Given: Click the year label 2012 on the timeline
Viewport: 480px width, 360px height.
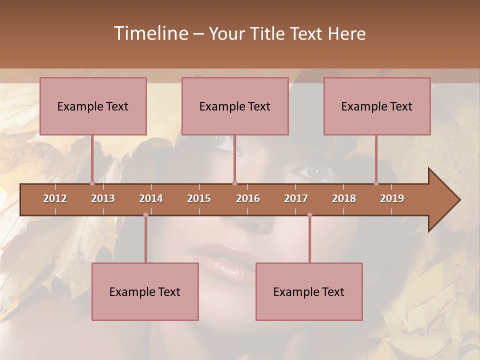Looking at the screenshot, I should (x=55, y=198).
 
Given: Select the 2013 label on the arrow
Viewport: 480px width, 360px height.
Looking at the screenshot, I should (x=103, y=198).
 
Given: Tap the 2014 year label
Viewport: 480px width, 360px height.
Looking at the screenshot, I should (x=151, y=198).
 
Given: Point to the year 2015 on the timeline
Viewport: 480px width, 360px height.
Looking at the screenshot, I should (x=199, y=198).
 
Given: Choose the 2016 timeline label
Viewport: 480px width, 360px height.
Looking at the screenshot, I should (x=248, y=198).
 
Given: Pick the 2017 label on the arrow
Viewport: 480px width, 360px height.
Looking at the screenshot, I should (x=296, y=198).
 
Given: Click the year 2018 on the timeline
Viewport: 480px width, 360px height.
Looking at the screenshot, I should (x=344, y=198).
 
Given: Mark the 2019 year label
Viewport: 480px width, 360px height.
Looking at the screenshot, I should (x=392, y=198).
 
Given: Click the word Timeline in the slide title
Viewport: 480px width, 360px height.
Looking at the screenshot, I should (x=150, y=33).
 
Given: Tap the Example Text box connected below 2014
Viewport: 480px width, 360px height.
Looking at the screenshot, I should (x=145, y=291).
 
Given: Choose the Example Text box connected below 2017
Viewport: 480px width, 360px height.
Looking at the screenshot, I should (x=309, y=291).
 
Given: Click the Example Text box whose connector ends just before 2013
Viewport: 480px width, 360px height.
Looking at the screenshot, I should (x=93, y=106).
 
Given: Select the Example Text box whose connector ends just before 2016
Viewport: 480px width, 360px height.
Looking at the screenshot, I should (x=235, y=106).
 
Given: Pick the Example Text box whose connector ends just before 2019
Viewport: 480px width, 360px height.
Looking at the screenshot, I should (x=377, y=106).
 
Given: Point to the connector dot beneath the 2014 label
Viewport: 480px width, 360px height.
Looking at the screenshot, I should (x=145, y=215).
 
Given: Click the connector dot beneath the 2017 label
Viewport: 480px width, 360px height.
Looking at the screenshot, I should (x=309, y=215).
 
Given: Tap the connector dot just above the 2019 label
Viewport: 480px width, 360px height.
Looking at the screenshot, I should (x=376, y=183).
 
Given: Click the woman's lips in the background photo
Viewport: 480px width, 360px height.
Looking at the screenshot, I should (x=220, y=257).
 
